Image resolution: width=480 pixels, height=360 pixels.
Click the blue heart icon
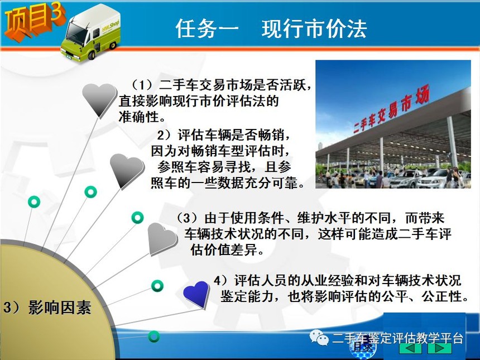coord(196,294)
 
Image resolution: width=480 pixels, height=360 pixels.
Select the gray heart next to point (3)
coord(162,239)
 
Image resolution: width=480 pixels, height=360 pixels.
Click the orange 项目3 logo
coord(34,21)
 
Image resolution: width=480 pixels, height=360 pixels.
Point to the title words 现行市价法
coord(314,29)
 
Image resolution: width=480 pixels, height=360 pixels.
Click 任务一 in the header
coord(207,29)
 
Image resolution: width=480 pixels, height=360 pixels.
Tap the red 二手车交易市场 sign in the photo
coord(391,109)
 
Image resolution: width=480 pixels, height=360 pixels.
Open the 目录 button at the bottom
coord(363,347)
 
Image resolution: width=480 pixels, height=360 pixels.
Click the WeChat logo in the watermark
coord(319,337)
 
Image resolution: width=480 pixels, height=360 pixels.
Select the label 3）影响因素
coord(47,307)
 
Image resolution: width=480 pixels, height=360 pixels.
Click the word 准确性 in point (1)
coord(138,117)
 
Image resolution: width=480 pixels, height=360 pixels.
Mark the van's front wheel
coord(92,55)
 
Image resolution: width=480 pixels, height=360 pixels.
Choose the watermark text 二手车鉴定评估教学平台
coord(397,338)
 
